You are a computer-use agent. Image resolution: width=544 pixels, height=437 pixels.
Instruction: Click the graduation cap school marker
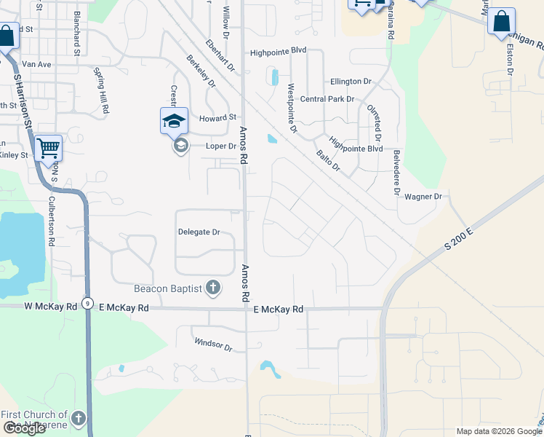pyautogui.click(x=174, y=121)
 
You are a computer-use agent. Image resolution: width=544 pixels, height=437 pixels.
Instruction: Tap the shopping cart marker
pyautogui.click(x=49, y=149)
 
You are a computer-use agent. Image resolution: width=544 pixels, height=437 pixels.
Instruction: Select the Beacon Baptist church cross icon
pyautogui.click(x=213, y=288)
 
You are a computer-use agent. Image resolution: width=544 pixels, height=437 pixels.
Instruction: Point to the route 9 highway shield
pyautogui.click(x=87, y=303)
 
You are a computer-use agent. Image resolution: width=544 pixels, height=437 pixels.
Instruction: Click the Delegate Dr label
pyautogui.click(x=199, y=232)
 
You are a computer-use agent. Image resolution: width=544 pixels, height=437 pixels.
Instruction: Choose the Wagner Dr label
pyautogui.click(x=423, y=197)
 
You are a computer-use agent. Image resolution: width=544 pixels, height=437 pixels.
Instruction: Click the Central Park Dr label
pyautogui.click(x=327, y=99)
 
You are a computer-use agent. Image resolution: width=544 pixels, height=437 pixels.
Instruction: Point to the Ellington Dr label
pyautogui.click(x=351, y=82)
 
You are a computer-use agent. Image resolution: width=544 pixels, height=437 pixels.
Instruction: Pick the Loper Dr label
pyautogui.click(x=221, y=146)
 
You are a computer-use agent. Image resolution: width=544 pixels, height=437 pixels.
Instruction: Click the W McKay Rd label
pyautogui.click(x=50, y=307)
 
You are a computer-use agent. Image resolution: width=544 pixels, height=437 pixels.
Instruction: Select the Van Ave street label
pyautogui.click(x=34, y=64)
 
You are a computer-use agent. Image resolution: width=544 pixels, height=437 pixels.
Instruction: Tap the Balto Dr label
pyautogui.click(x=328, y=160)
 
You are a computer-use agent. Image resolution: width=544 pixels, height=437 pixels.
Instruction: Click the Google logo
pyautogui.click(x=24, y=428)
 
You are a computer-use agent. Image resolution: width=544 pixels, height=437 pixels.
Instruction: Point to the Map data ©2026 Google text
pyautogui.click(x=498, y=431)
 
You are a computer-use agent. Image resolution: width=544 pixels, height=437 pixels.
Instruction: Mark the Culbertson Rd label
pyautogui.click(x=52, y=221)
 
